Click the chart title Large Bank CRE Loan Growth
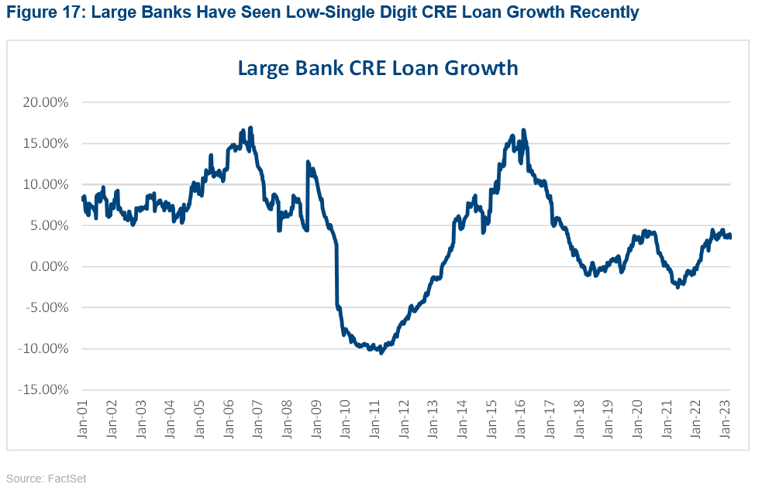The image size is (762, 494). tap(378, 68)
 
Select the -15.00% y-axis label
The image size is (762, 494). tap(46, 389)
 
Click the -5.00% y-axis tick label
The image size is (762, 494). tap(48, 307)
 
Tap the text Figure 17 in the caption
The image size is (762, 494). tap(35, 13)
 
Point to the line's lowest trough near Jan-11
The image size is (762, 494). tap(381, 352)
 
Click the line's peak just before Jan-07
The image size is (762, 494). tap(250, 129)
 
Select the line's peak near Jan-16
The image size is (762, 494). tap(524, 130)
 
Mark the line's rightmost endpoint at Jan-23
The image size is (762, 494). tap(729, 237)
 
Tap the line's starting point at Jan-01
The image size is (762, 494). tap(83, 198)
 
